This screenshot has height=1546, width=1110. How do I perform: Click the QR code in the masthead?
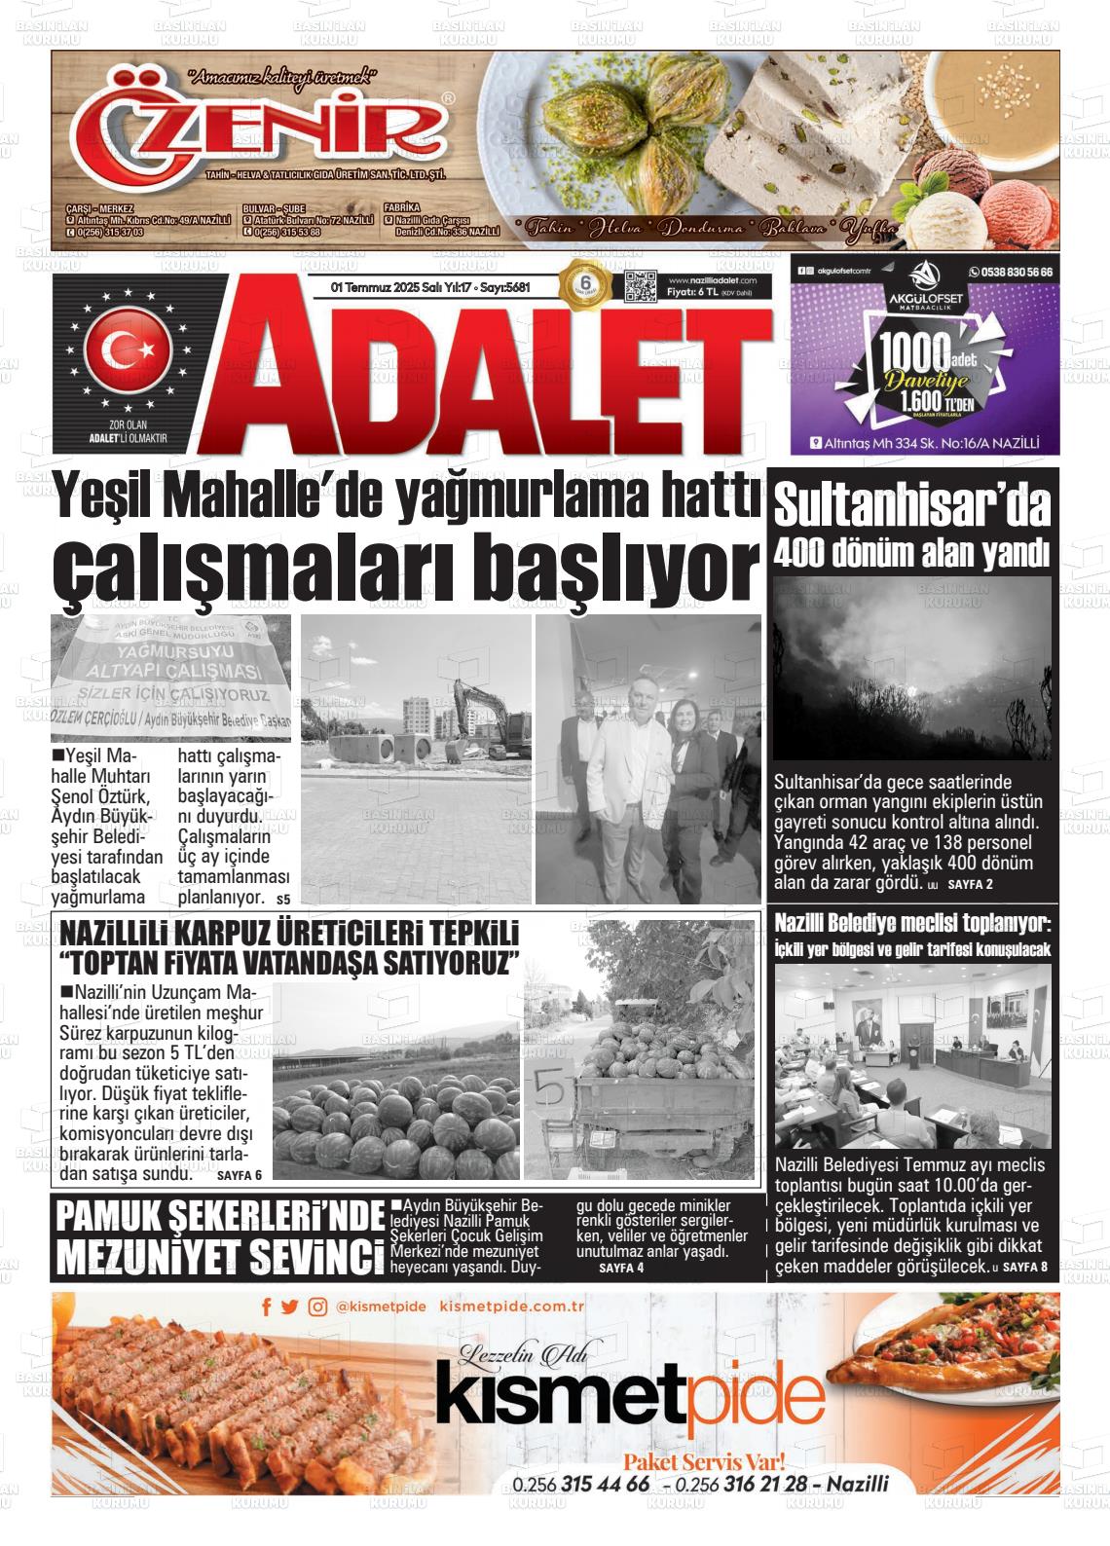coord(639,287)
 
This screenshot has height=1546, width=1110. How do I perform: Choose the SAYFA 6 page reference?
coord(240,1175)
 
